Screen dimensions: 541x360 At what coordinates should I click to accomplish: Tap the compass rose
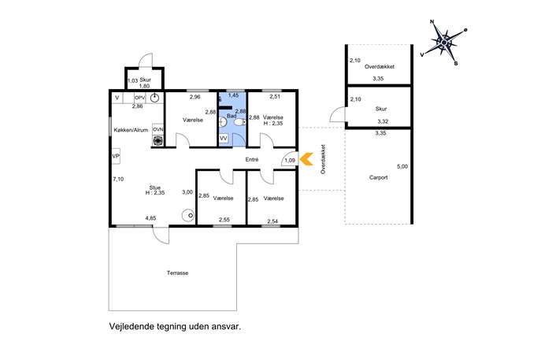coord(444,42)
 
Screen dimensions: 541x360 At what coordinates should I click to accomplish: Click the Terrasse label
coord(178,273)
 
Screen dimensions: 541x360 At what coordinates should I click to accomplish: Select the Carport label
coord(378,177)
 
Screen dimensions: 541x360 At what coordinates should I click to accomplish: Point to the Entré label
coord(252,159)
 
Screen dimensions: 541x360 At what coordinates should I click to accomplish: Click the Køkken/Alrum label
coord(131,130)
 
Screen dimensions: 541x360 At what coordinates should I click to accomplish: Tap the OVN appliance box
coord(158,129)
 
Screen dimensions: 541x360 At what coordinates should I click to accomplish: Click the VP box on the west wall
coord(116,156)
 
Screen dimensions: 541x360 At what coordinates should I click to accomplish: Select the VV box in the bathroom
coord(224,138)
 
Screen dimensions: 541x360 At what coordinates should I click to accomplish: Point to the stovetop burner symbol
coord(158,140)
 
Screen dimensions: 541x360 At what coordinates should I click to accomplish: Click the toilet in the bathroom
coord(240,123)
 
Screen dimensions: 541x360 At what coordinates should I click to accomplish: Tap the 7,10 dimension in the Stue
coord(118,179)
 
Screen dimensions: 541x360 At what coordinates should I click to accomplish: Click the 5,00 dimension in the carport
coord(402,166)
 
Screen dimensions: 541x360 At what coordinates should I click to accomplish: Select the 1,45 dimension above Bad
coord(234,95)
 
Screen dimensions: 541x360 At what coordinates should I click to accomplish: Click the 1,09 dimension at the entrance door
coord(290,160)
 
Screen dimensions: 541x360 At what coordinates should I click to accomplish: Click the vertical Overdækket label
coord(323,159)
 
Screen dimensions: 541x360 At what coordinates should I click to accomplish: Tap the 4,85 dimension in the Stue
coord(150,217)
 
